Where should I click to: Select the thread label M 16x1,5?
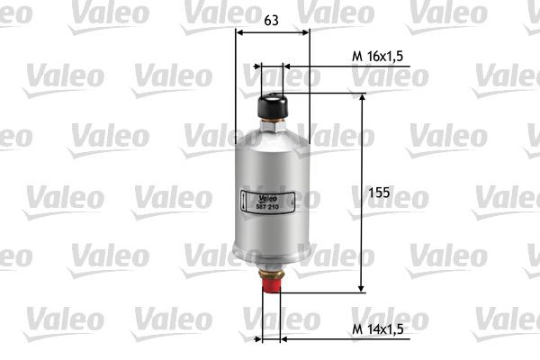377,56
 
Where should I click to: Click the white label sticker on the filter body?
261,202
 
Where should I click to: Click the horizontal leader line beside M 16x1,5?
315,67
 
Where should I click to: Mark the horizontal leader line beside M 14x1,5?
315,339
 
